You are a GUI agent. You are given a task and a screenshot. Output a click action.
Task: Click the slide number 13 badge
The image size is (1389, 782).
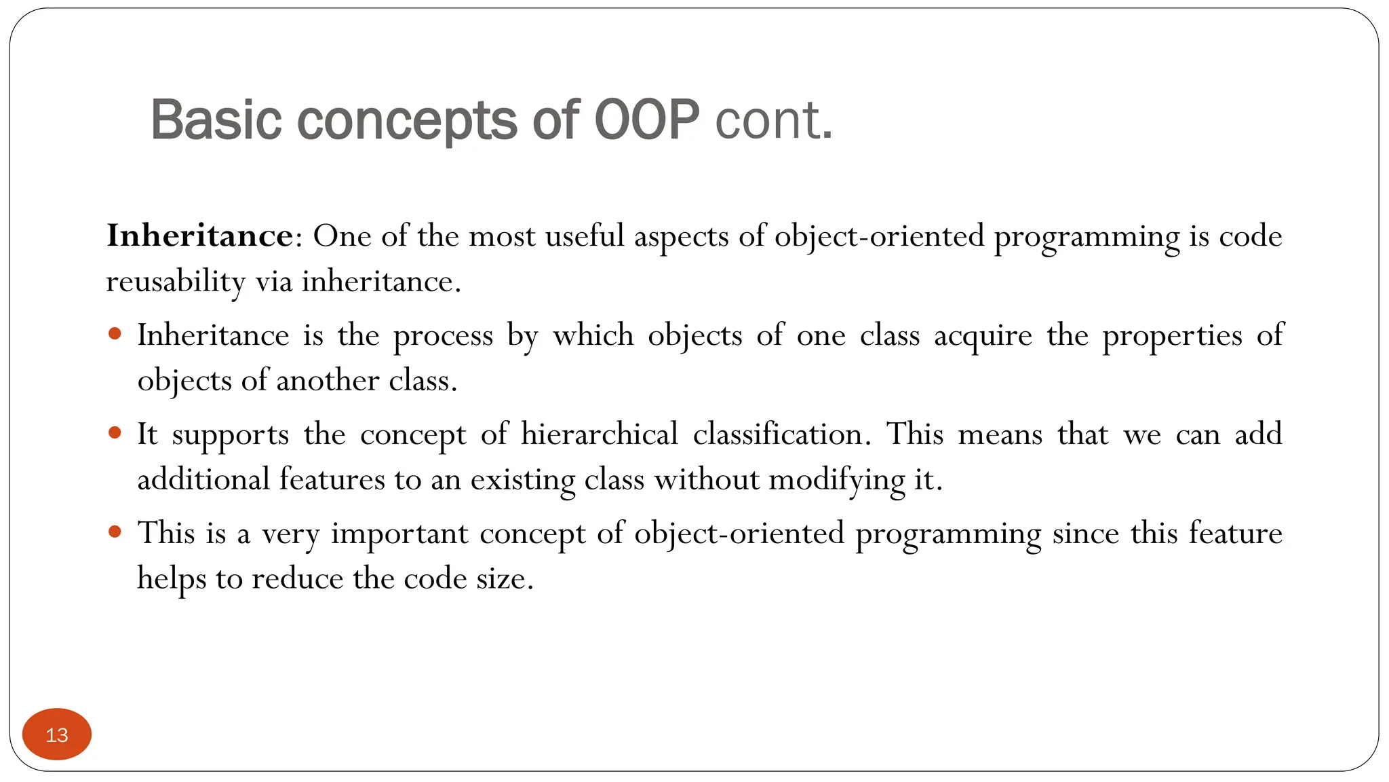(57, 734)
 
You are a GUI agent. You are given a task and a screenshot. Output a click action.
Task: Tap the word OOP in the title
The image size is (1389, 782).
(646, 120)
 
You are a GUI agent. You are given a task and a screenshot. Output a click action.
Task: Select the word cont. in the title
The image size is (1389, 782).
(774, 120)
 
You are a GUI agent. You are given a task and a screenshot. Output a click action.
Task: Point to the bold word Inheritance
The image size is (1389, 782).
(200, 236)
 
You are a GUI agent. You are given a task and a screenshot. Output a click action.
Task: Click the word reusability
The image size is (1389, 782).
(175, 282)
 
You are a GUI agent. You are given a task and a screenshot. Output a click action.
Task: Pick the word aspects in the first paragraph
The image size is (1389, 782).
(681, 237)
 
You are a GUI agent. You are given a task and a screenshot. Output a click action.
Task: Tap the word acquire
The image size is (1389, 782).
(983, 336)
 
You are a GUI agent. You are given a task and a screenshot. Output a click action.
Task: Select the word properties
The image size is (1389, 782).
(1172, 336)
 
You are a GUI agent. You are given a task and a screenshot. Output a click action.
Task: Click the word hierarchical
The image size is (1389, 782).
(600, 434)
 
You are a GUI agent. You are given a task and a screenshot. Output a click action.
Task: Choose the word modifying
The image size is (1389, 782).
(837, 480)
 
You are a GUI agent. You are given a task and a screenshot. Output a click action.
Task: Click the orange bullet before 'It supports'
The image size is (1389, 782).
(115, 432)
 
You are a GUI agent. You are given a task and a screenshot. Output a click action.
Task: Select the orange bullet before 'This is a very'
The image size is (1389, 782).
(115, 532)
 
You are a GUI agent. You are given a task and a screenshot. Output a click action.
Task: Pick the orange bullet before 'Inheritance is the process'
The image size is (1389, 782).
(115, 333)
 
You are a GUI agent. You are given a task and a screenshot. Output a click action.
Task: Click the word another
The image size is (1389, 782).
(328, 381)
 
